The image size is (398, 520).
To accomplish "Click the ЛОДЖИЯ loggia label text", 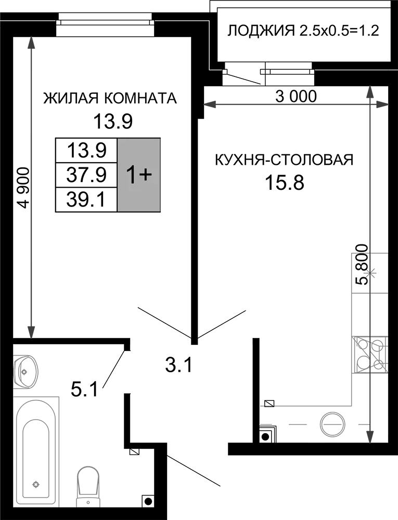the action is tap(261, 31).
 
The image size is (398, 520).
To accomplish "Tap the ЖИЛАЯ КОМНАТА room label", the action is tap(110, 98).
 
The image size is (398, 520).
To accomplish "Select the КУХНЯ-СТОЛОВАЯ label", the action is tap(284, 160).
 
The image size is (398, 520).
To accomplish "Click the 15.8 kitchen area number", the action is tap(284, 183).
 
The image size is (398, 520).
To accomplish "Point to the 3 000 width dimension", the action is tap(296, 96).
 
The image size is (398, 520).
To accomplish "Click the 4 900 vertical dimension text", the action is tap(24, 188).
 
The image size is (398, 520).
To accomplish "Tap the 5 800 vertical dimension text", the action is tap(362, 265).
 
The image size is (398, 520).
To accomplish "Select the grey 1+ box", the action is tap(139, 175).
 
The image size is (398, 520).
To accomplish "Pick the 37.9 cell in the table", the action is tap(86, 175).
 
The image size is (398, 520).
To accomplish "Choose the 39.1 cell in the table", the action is tap(86, 200).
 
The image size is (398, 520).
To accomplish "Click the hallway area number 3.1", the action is tap(178, 366).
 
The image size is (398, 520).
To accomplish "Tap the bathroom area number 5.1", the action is tap(85, 388).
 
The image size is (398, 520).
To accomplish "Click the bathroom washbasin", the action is tap(25, 370).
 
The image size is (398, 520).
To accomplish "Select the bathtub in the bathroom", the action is tap(36, 455).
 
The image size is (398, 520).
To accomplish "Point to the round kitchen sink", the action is tap(331, 424).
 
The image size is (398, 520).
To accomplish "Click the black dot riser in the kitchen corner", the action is tap(265, 437).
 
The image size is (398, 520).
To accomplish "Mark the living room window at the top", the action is tap(105, 24).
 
